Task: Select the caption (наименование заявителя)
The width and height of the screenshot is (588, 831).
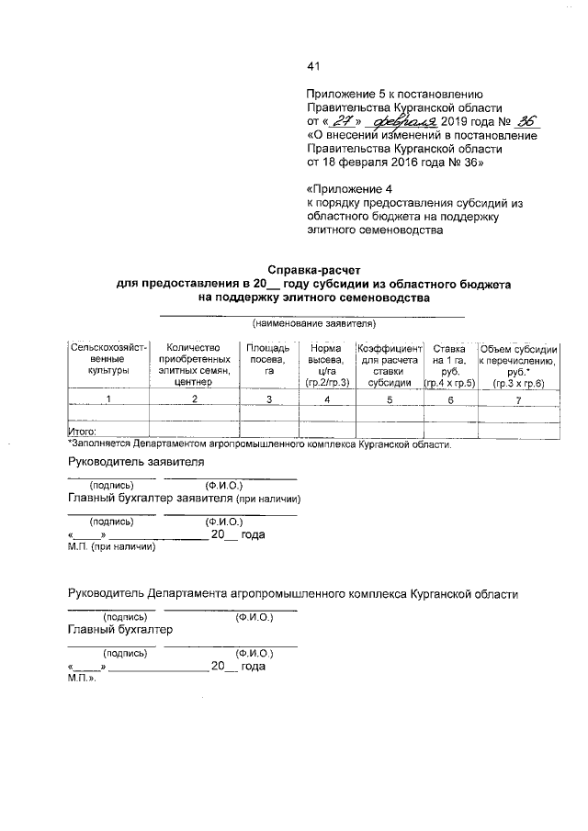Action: click(313, 323)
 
